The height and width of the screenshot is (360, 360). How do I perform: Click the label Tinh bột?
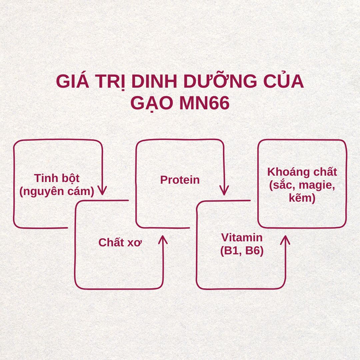point(57,178)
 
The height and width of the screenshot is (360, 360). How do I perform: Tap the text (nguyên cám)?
point(57,191)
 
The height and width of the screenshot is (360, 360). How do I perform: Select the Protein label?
point(180,180)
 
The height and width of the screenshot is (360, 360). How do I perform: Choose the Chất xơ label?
point(120,242)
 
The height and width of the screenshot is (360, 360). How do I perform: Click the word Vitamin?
point(242,238)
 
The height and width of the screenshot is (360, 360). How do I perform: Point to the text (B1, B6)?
point(242,251)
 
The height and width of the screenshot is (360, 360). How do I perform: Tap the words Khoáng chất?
point(302,172)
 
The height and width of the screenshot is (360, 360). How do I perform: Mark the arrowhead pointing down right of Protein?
point(224,191)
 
